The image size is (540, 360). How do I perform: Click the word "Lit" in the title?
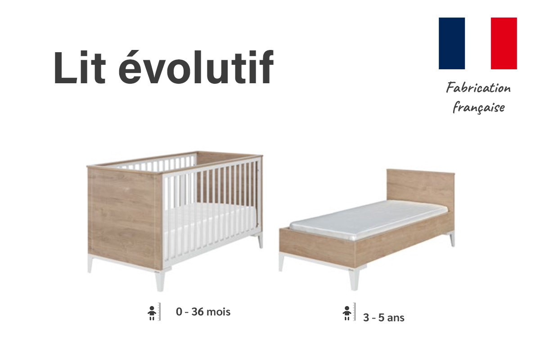[x=80, y=67]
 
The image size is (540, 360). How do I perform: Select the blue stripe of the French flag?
[x=451, y=43]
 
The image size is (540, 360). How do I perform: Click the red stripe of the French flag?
[x=504, y=43]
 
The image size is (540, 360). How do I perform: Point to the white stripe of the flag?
[x=478, y=43]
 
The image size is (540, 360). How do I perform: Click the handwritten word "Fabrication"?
[x=478, y=88]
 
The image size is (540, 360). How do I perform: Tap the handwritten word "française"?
[x=479, y=107]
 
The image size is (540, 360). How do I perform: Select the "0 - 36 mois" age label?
[x=203, y=312]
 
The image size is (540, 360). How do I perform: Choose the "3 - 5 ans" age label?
[x=384, y=318]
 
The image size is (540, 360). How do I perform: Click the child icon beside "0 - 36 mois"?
[x=152, y=313]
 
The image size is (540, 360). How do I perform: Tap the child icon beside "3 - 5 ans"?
[x=347, y=313]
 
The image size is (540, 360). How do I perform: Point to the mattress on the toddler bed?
[x=369, y=219]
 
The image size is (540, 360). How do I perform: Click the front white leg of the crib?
[x=160, y=281]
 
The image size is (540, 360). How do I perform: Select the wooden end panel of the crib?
[x=125, y=218]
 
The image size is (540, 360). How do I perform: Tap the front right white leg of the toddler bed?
[x=355, y=280]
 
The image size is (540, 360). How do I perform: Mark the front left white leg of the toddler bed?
[x=281, y=262]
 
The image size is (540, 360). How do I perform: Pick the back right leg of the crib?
[x=260, y=241]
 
